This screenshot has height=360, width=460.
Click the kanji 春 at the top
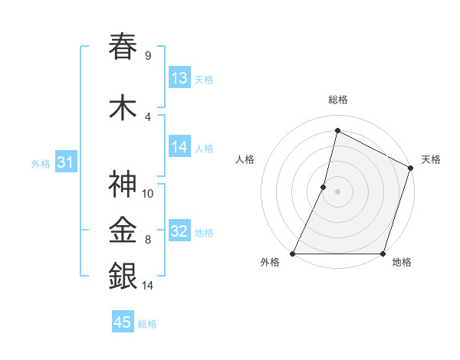(123, 47)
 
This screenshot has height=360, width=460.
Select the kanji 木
(123, 109)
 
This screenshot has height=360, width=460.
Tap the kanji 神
(123, 185)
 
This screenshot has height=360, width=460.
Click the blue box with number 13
(179, 78)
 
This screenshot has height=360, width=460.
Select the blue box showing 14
(179, 147)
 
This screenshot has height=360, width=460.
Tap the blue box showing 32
(179, 231)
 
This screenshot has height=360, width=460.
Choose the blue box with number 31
(65, 162)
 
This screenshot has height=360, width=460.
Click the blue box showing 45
(123, 322)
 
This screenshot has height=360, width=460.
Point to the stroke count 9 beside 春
(147, 56)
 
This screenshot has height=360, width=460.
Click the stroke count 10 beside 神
(148, 194)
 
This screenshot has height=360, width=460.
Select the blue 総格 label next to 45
(147, 324)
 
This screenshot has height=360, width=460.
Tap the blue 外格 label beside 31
(41, 164)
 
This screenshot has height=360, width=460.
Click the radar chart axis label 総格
(337, 100)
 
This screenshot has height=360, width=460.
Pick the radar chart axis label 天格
(431, 159)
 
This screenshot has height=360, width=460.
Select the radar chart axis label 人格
(245, 159)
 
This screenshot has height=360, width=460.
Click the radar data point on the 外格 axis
(292, 254)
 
